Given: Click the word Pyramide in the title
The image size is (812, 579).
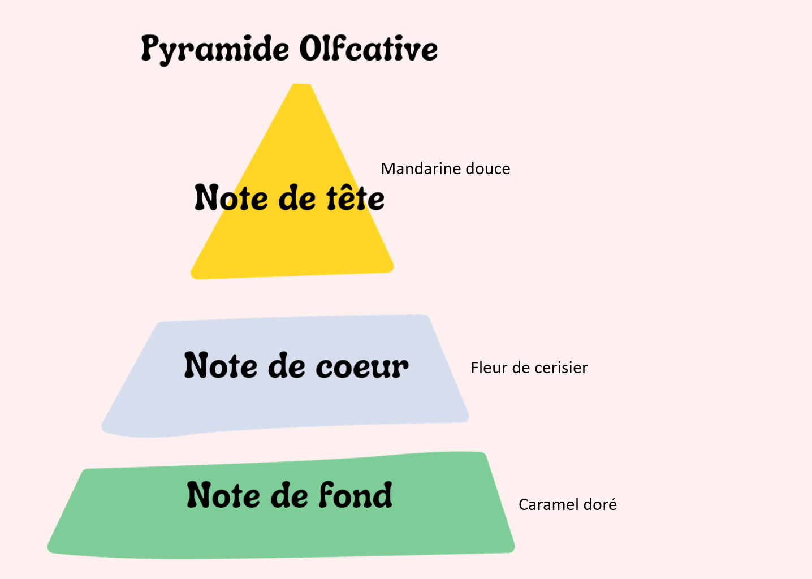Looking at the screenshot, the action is (215, 50).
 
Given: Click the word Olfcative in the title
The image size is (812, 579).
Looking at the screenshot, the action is (369, 48).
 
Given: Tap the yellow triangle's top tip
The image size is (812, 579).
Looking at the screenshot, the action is (301, 84).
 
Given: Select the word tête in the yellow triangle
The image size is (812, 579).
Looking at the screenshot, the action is (355, 198).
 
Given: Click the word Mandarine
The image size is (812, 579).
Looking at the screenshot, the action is (421, 169).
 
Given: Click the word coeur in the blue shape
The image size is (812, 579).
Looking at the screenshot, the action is (362, 367).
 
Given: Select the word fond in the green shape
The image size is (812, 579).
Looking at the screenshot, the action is (356, 495).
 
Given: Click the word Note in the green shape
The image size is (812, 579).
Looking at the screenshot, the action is (223, 495).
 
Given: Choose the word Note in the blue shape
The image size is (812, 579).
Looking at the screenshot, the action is (221, 365).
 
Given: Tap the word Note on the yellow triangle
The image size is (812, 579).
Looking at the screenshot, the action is (231, 198).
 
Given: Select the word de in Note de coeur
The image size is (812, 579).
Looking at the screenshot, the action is (287, 365).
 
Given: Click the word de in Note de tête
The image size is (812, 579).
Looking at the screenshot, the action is (297, 198).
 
